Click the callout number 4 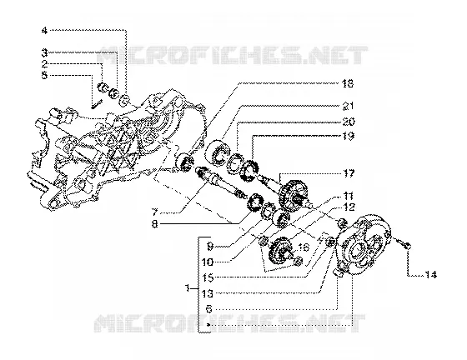pyautogui.click(x=44, y=30)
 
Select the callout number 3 pyautogui.click(x=44, y=53)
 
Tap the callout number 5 pyautogui.click(x=44, y=75)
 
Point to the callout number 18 pyautogui.click(x=347, y=83)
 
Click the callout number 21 pyautogui.click(x=347, y=106)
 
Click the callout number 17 pyautogui.click(x=348, y=173)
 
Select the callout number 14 pyautogui.click(x=430, y=275)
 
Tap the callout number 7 pyautogui.click(x=154, y=212)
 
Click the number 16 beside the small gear pyautogui.click(x=304, y=247)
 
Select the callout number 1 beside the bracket pyautogui.click(x=188, y=288)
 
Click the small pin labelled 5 pyautogui.click(x=97, y=104)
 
